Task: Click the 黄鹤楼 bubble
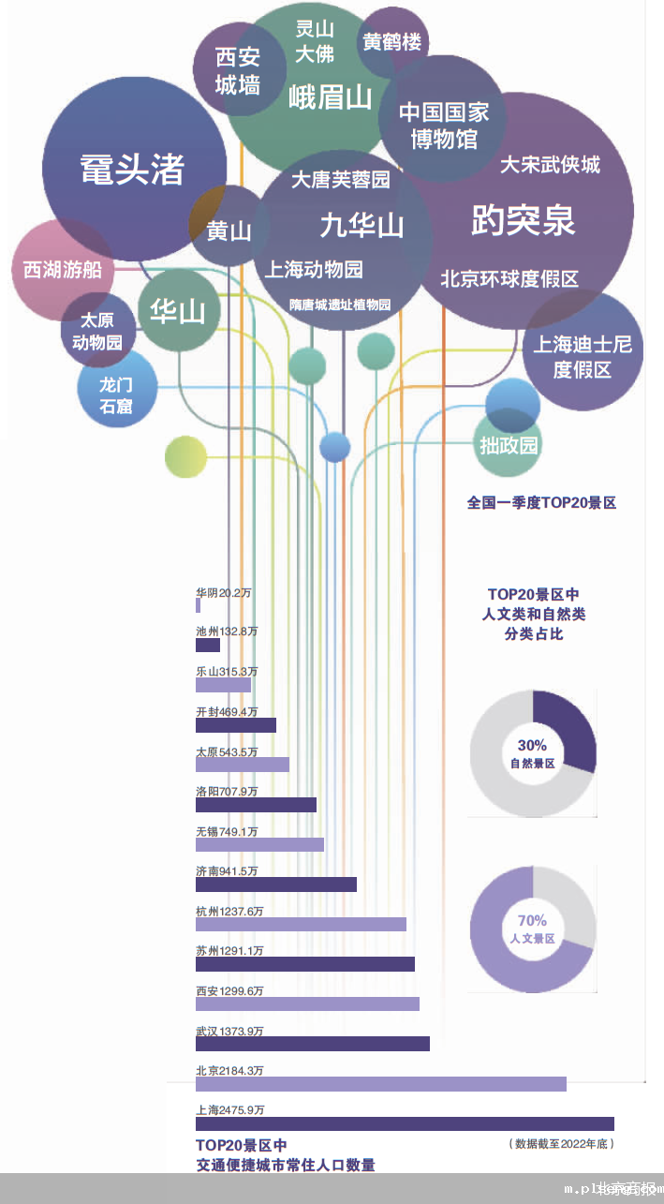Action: pos(392,42)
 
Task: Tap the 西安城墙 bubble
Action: pos(237,71)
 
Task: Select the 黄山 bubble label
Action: pos(229,230)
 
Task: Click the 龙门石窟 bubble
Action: pos(116,394)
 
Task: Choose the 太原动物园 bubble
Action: pos(97,331)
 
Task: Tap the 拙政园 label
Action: pos(509,445)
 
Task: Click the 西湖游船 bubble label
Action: pos(62,270)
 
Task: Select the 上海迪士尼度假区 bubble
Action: pos(583,356)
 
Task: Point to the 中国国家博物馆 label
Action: pos(444,126)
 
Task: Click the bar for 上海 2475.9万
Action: pos(405,1123)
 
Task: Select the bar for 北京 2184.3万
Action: pos(380,1084)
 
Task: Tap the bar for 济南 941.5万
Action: pos(276,884)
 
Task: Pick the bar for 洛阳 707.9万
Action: pos(256,805)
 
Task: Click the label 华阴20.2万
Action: pos(224,592)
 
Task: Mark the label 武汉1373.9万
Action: pos(229,1031)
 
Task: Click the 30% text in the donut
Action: pos(532,745)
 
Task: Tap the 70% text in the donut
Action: pos(532,920)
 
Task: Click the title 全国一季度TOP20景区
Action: pos(541,502)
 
